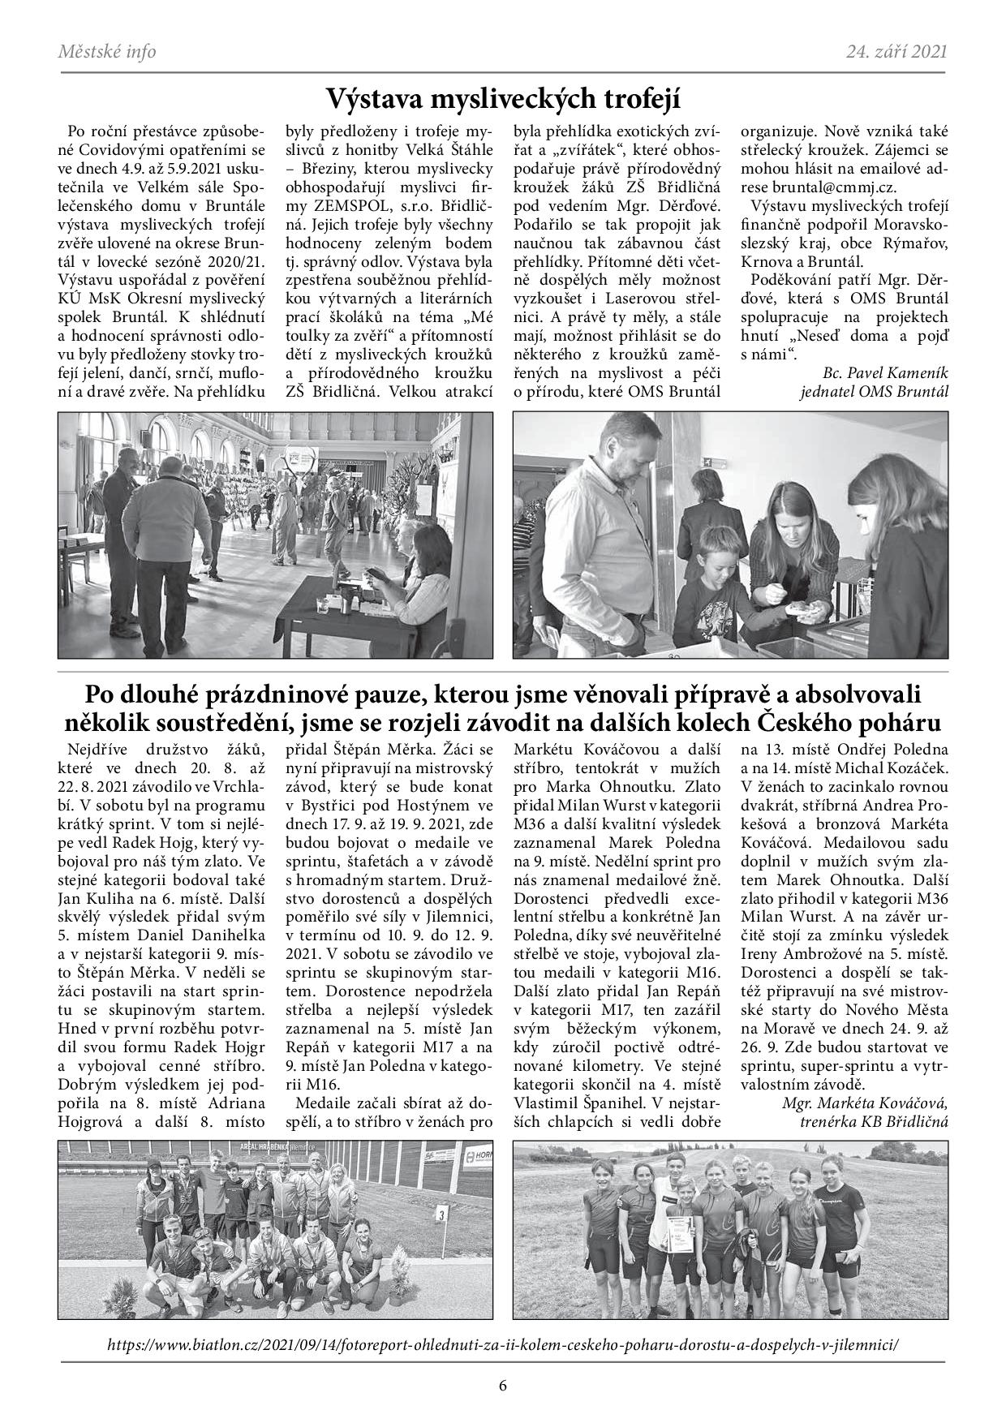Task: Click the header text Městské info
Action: (107, 53)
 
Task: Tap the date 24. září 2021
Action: (896, 53)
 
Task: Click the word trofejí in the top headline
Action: (635, 100)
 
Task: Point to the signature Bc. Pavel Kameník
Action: (884, 372)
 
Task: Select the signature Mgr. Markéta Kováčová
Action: (865, 1103)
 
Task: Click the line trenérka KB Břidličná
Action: (873, 1121)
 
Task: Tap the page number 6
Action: (503, 1385)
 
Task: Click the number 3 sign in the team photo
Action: (441, 1214)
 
